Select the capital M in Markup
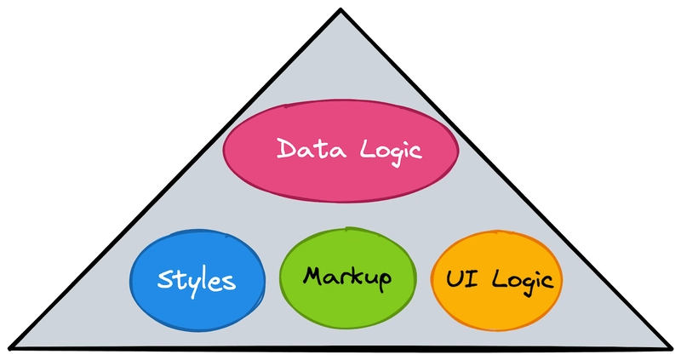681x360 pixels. click(313, 276)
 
